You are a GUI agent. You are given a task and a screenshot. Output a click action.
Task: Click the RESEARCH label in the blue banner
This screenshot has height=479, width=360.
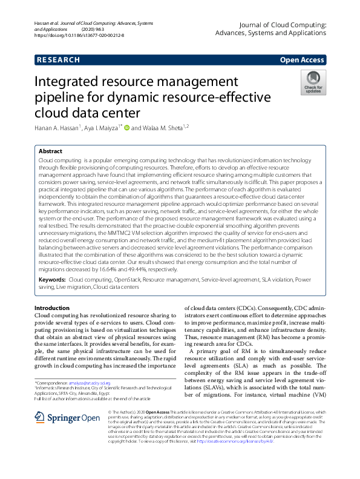pos(58,60)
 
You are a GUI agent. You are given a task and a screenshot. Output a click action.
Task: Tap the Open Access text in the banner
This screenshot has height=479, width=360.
pos(302,60)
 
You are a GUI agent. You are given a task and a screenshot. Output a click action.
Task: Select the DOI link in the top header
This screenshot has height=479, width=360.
pos(79,36)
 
